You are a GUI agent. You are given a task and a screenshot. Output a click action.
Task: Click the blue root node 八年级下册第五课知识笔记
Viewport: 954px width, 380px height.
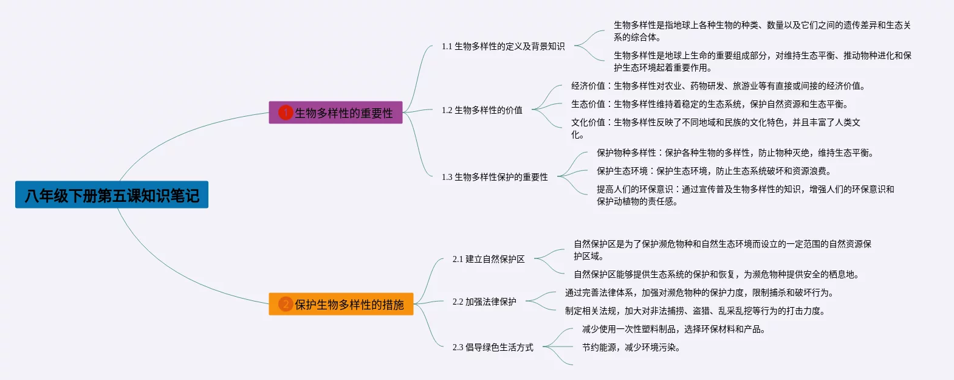coord(112,195)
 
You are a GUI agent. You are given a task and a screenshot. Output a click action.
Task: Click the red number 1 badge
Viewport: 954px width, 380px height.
coord(285,112)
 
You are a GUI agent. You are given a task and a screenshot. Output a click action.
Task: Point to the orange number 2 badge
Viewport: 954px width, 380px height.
coord(285,304)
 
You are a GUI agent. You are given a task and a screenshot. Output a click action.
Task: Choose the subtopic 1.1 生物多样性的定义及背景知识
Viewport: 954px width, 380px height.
coord(503,46)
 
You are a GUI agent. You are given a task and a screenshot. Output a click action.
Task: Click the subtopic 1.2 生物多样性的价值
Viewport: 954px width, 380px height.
coord(482,110)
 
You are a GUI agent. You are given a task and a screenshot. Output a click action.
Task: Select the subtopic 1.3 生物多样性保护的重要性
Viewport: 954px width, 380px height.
coord(495,177)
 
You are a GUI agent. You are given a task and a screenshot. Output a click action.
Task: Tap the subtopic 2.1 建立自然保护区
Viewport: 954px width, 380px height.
coord(489,259)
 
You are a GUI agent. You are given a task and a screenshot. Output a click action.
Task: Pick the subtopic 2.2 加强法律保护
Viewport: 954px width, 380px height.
coord(484,302)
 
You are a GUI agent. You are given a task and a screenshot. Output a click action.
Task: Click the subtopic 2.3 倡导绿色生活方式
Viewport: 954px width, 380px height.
coord(493,347)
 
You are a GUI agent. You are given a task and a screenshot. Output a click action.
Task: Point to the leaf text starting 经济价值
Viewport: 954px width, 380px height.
coord(718,86)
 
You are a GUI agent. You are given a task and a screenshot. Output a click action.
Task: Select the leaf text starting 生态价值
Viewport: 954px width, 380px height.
coord(709,104)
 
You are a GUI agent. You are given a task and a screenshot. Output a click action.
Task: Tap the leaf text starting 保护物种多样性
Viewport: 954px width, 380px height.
coord(735,153)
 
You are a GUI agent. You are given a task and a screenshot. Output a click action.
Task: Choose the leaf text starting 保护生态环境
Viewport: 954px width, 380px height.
coord(713,171)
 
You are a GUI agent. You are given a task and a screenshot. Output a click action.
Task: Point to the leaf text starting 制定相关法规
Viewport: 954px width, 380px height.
coord(695,311)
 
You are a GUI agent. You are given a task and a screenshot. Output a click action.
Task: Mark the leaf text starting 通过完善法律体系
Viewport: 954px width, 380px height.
coord(699,292)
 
